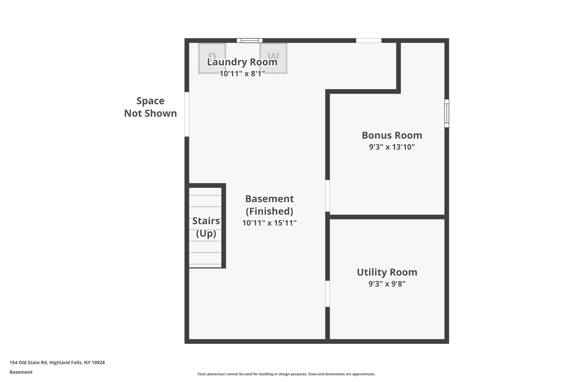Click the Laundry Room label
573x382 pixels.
pyautogui.click(x=242, y=62)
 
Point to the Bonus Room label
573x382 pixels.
pyautogui.click(x=392, y=135)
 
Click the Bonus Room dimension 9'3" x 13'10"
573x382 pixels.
pyautogui.click(x=392, y=147)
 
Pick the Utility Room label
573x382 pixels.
pyautogui.click(x=387, y=272)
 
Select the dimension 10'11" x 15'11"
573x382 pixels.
pyautogui.click(x=269, y=223)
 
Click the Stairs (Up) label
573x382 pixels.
pyautogui.click(x=206, y=227)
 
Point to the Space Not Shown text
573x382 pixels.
pyautogui.click(x=151, y=107)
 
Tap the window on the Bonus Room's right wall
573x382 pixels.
pyautogui.click(x=447, y=113)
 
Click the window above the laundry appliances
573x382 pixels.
pyautogui.click(x=250, y=41)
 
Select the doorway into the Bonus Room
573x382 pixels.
pyautogui.click(x=327, y=196)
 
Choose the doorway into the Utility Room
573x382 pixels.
pyautogui.click(x=327, y=294)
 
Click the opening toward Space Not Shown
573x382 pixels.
pyautogui.click(x=187, y=114)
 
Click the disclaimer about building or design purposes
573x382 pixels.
pyautogui.click(x=286, y=374)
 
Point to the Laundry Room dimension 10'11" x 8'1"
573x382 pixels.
pyautogui.click(x=242, y=74)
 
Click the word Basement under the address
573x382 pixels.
pyautogui.click(x=21, y=372)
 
